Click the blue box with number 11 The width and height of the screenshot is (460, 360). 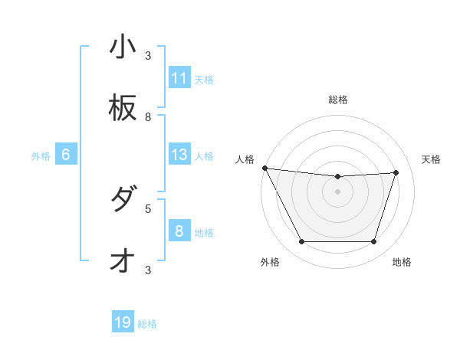click(179, 78)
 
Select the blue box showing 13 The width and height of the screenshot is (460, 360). click(179, 155)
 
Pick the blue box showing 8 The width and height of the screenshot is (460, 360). click(179, 231)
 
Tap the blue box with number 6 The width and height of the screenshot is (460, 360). click(66, 155)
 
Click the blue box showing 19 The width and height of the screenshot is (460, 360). click(123, 322)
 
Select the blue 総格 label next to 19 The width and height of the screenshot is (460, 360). click(147, 324)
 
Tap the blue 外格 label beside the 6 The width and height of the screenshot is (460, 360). click(41, 156)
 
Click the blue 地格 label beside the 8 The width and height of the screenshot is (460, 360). click(204, 233)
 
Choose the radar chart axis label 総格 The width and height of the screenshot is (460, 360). click(337, 100)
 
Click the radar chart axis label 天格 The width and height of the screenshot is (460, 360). click(432, 159)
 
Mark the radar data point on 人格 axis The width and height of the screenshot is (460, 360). click(264, 168)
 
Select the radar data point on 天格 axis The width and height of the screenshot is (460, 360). click(396, 172)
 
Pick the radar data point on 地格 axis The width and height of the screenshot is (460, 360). click(373, 242)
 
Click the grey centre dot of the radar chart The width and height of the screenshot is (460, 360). click(337, 191)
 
